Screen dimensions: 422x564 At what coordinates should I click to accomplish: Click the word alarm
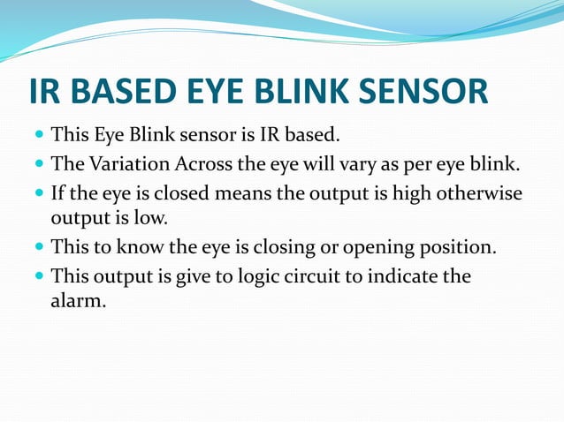[x=79, y=300]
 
